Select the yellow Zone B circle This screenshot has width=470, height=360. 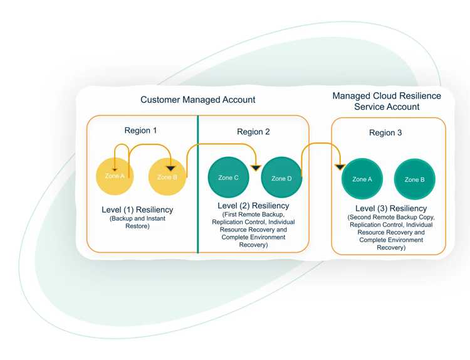click(168, 177)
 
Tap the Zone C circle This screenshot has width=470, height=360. click(228, 177)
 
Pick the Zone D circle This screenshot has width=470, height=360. click(281, 178)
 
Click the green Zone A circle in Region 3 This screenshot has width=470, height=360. click(362, 179)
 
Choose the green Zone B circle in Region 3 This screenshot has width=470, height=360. click(414, 179)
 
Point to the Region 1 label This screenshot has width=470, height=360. click(141, 130)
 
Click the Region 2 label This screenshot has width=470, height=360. click(253, 132)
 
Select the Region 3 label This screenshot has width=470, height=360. click(386, 133)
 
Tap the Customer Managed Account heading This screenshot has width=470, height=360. click(197, 100)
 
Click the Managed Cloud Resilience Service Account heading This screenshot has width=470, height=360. click(386, 101)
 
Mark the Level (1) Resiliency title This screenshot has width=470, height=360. click(137, 209)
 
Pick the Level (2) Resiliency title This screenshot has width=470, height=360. click(253, 206)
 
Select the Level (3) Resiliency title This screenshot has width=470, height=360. click(390, 208)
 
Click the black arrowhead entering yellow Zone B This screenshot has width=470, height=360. click(170, 168)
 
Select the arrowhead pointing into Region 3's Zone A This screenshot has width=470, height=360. click(340, 167)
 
